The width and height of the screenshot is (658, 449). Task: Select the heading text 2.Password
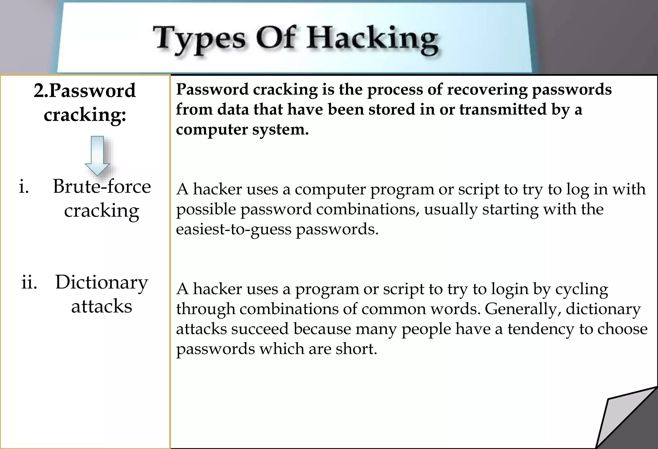[85, 91]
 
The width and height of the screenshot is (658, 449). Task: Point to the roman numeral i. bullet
[24, 186]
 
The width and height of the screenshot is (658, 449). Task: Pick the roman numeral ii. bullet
[29, 282]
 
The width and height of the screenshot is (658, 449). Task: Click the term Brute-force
[102, 186]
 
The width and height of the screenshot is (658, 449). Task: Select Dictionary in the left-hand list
[102, 282]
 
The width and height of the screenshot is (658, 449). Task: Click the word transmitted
[503, 109]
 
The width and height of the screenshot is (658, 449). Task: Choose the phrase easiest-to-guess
[234, 229]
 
